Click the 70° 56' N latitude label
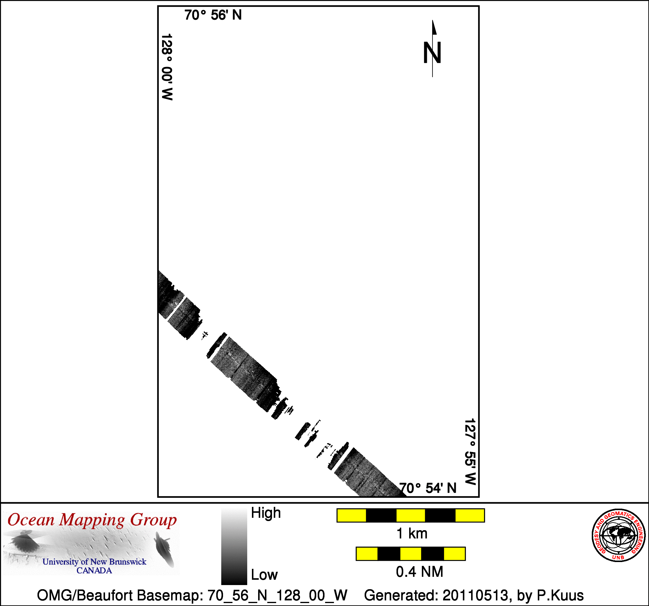pos(213,15)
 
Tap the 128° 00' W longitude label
pos(167,67)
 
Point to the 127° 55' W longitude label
pos(470,452)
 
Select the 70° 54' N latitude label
pos(428,488)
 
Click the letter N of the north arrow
pos(432,53)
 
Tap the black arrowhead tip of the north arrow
pos(432,20)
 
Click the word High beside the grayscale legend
pos(266,513)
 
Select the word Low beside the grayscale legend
pos(264,575)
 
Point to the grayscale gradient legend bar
pos(234,546)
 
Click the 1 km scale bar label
pos(412,533)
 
